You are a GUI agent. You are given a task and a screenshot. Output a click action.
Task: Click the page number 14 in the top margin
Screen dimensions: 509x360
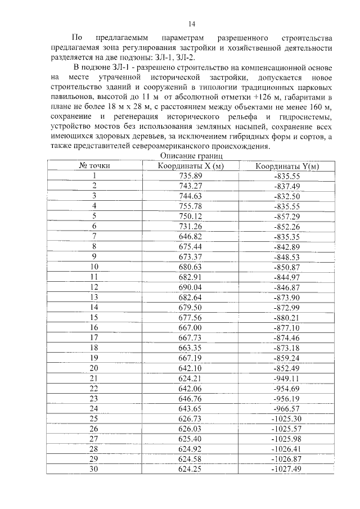coord(191,24)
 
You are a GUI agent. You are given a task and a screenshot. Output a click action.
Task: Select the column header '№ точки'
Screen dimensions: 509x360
coord(94,165)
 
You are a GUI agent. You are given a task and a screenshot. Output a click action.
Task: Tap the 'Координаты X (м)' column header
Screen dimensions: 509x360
coord(190,165)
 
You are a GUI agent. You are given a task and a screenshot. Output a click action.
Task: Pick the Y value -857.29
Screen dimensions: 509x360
coord(287,216)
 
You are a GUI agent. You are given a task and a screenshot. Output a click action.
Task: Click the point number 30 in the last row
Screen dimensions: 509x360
coord(94,469)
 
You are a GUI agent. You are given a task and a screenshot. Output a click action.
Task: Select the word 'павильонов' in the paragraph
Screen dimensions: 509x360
coord(72,98)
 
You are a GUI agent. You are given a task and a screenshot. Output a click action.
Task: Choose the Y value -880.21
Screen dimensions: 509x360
coord(287,317)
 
